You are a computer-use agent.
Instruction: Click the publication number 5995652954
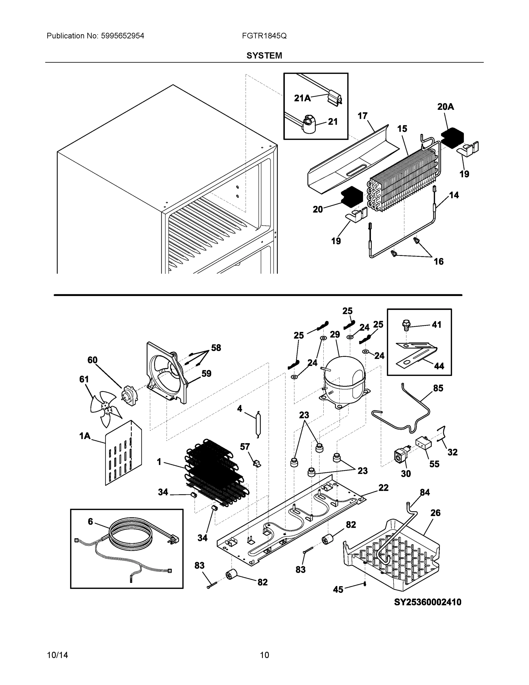click(123, 36)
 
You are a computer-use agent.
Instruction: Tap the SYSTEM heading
click(264, 56)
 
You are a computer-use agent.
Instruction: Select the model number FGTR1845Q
click(264, 36)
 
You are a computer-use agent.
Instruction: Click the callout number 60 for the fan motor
click(92, 360)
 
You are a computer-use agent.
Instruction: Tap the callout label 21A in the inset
click(302, 98)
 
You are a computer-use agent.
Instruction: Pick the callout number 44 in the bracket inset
click(439, 366)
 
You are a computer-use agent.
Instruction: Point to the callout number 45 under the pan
click(338, 590)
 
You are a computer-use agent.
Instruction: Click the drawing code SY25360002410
click(427, 602)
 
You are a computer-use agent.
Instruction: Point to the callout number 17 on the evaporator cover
click(362, 116)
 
